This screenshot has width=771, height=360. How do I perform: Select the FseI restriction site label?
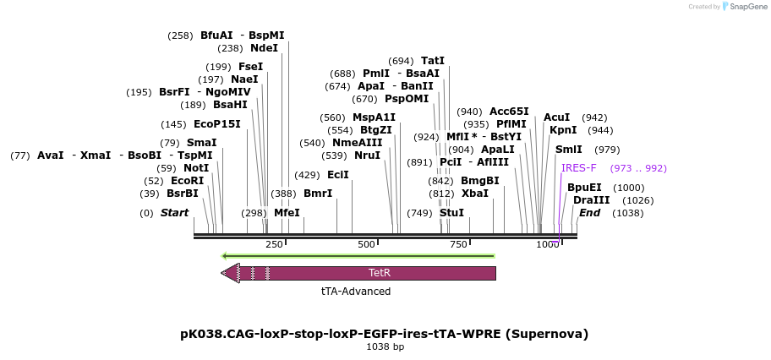[x=250, y=67]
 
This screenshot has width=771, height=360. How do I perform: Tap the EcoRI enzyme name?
[x=187, y=181]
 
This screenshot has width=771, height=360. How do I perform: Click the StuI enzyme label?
[x=451, y=213]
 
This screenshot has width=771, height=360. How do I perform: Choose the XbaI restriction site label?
[x=474, y=194]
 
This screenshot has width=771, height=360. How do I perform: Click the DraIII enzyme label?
[x=591, y=200]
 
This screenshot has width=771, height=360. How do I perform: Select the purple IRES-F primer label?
[x=578, y=168]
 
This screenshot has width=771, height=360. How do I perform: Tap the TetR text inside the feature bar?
[x=380, y=273]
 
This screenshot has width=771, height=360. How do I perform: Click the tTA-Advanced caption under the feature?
[x=356, y=292]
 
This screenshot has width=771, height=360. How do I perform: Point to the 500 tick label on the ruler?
[x=366, y=245]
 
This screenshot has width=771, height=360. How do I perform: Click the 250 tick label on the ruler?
[x=274, y=245]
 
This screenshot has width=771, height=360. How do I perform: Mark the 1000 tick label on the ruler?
[x=547, y=245]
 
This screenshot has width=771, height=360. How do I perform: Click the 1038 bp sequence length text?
[x=385, y=347]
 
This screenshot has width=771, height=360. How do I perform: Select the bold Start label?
[x=174, y=213]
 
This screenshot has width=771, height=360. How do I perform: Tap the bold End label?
[x=589, y=213]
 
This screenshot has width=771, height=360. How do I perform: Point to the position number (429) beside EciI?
[x=307, y=175]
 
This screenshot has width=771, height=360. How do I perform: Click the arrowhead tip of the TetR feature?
[x=222, y=273]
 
